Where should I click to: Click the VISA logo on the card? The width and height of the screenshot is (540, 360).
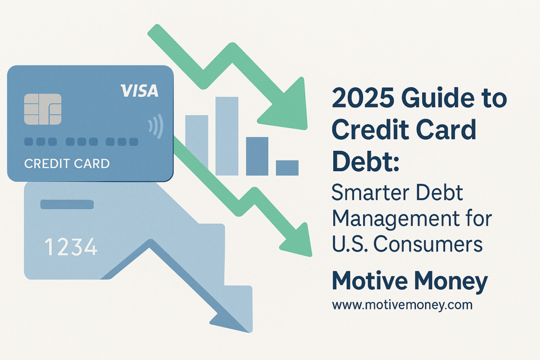[139, 90]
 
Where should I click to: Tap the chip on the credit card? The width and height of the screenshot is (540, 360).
[43, 109]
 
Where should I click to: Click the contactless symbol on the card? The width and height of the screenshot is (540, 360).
[156, 126]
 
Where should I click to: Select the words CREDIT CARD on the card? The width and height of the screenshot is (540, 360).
[67, 164]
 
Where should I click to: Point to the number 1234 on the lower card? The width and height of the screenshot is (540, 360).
[71, 246]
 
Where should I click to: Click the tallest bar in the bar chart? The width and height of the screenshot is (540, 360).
[227, 136]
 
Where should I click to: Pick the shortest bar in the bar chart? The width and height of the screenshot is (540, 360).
[287, 168]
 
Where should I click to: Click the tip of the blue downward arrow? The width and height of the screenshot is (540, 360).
[250, 332]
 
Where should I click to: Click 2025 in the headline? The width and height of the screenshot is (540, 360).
[363, 98]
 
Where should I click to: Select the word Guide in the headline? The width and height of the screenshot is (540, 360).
[438, 98]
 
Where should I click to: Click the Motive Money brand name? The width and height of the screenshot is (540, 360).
[410, 281]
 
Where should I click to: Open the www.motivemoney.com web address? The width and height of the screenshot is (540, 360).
[402, 305]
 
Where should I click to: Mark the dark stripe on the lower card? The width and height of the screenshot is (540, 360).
[67, 204]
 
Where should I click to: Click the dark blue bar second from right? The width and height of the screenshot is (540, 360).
[257, 156]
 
